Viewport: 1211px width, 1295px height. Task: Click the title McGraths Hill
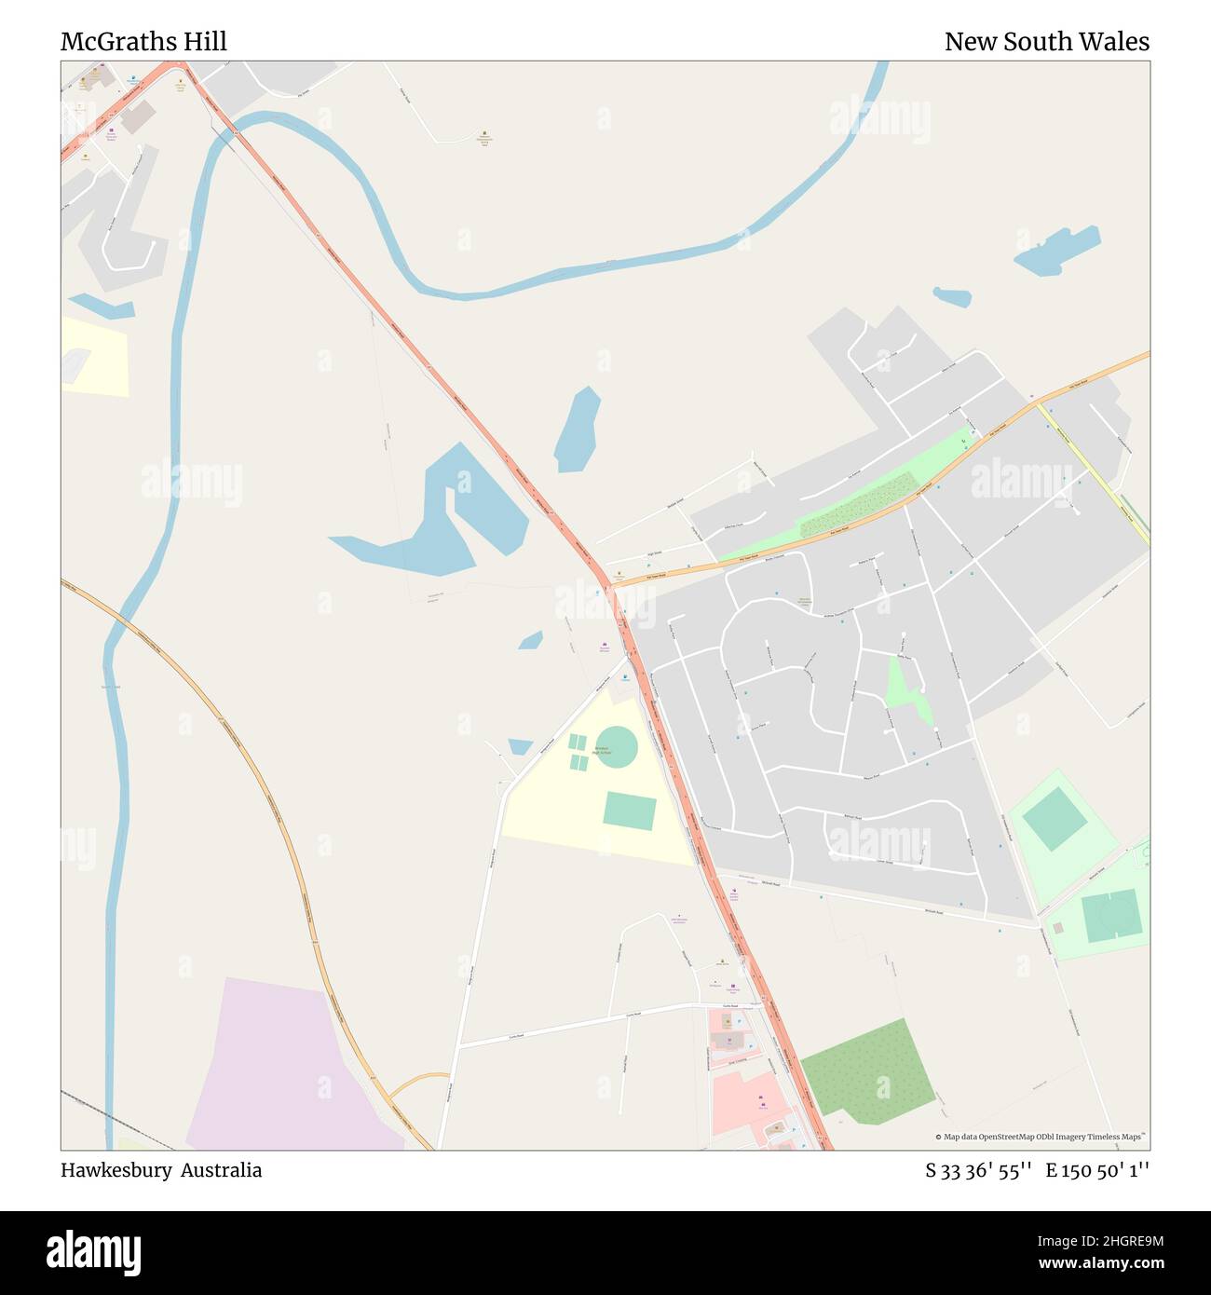pyautogui.click(x=143, y=42)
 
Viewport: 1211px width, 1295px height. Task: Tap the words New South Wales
pyautogui.click(x=1046, y=42)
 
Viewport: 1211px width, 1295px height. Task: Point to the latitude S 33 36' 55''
pyautogui.click(x=977, y=1171)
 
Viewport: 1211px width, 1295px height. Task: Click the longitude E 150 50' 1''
pyautogui.click(x=1096, y=1171)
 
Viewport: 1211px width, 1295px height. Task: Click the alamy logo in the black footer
pyautogui.click(x=94, y=1251)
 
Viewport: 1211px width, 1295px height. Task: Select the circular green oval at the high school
pyautogui.click(x=616, y=747)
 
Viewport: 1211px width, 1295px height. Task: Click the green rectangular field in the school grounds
pyautogui.click(x=629, y=811)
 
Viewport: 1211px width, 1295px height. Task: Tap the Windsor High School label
pyautogui.click(x=601, y=750)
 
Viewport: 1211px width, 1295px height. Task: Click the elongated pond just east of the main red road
pyautogui.click(x=577, y=429)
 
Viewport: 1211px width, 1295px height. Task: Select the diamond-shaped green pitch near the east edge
pyautogui.click(x=1054, y=819)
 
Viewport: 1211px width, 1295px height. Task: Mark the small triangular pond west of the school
pyautogui.click(x=520, y=746)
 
